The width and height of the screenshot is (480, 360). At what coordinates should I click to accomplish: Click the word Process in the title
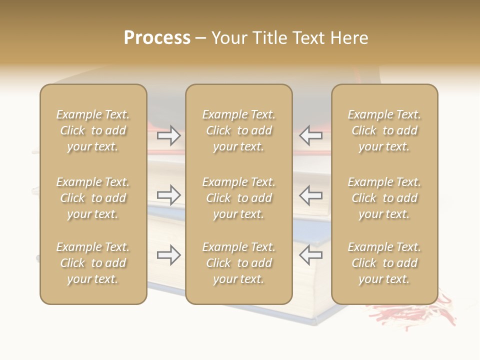(x=157, y=38)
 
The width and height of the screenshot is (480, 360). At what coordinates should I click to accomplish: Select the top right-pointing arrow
(x=169, y=135)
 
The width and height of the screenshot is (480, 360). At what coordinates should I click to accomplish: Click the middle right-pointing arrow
(x=169, y=195)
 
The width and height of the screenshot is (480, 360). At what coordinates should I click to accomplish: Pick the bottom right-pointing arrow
(x=169, y=255)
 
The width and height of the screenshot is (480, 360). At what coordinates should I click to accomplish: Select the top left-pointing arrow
(x=310, y=135)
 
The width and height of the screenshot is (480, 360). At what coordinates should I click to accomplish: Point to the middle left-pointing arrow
(x=310, y=195)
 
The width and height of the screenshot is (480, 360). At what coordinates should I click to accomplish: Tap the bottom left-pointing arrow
(x=310, y=255)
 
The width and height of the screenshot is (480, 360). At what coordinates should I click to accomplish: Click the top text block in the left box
(x=93, y=130)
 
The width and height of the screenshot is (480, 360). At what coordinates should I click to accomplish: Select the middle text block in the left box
(x=93, y=198)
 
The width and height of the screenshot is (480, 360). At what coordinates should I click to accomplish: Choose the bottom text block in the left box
(x=93, y=263)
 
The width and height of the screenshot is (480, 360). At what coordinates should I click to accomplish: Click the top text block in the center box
(x=238, y=130)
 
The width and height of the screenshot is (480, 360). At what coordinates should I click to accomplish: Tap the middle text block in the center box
(x=238, y=198)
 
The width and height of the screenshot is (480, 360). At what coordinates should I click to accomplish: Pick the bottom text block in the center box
(x=238, y=263)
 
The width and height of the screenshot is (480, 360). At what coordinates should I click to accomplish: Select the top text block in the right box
(x=384, y=130)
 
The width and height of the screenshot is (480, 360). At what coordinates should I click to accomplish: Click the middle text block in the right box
(x=384, y=198)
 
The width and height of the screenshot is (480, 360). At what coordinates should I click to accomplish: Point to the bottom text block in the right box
(x=384, y=263)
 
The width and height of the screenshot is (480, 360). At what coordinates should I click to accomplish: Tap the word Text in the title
(x=309, y=38)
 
